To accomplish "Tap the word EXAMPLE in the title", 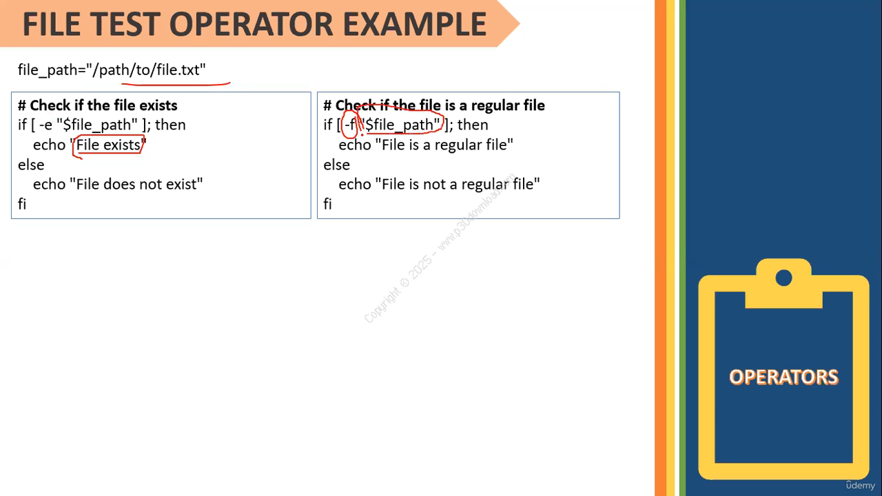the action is pos(415,24).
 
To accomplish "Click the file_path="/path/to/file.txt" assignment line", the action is pos(112,70).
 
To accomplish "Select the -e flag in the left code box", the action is pos(45,125).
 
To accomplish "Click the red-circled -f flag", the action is pos(349,125).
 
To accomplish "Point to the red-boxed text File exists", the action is pos(108,145).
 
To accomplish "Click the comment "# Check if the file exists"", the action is pos(98,105).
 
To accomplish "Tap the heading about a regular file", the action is pos(434,105).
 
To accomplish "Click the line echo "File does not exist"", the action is pos(118,184).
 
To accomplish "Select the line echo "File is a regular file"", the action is pos(426,145).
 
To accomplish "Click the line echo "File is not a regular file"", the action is pos(439,184).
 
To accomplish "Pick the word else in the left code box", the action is pos(31,165).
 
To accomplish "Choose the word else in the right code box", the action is pos(337,165).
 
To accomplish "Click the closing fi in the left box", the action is pos(22,204).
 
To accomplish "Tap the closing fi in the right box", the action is pos(327,204).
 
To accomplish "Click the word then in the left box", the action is pos(170,125).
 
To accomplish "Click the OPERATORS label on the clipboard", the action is pos(783,377).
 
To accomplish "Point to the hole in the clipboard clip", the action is pos(783,278).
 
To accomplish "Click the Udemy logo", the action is pos(861,486).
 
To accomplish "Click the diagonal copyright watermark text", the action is pos(440,248).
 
